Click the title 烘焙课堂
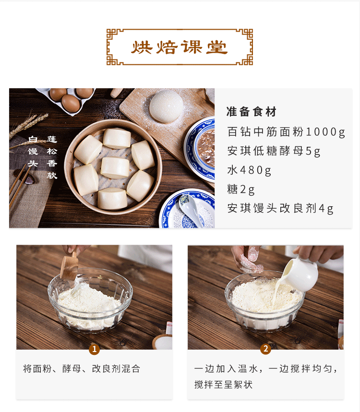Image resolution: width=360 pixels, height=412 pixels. point(180,47)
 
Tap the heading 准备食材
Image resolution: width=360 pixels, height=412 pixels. point(252,112)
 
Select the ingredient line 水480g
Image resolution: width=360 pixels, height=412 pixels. point(249,170)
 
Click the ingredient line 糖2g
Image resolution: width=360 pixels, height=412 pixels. point(241,189)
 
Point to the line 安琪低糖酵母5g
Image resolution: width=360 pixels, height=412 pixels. point(274,151)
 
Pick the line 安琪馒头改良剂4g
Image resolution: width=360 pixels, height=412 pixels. point(280,209)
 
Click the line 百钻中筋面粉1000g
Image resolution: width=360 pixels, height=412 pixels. point(286,132)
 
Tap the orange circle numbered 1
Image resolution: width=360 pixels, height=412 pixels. point(94,350)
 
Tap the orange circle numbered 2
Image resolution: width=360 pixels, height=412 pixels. point(265,349)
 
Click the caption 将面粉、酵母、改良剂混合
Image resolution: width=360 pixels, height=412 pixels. point(82,369)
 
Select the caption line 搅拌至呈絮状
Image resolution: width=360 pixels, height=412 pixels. point(224,385)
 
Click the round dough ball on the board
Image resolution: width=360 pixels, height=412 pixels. point(166,106)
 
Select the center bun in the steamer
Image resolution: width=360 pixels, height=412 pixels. point(115,168)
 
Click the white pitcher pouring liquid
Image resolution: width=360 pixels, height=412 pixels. point(300,274)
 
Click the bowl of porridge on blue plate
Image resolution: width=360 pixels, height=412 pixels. point(205,148)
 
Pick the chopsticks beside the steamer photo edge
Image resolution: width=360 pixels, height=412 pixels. point(19,184)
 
